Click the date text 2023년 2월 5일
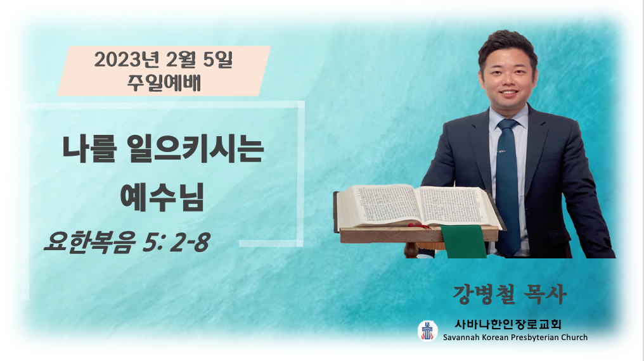[163, 60]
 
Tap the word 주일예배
[164, 82]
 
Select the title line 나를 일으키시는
[163, 149]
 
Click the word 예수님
[162, 198]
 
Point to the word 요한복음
[89, 242]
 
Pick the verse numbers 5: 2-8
[177, 242]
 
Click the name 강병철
[482, 294]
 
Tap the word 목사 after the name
[546, 294]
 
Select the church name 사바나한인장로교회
[508, 324]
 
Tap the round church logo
[428, 330]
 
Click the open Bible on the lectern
[418, 206]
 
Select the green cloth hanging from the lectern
[464, 241]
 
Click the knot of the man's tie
[508, 124]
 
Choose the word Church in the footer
[574, 338]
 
